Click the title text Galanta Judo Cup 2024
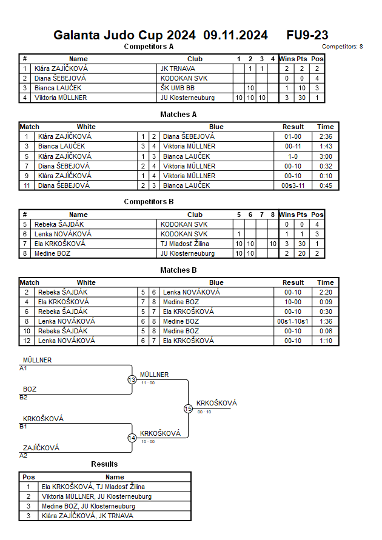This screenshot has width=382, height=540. tap(124, 35)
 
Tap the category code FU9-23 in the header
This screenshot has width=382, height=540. tap(307, 35)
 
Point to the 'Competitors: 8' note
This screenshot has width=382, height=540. tap(342, 47)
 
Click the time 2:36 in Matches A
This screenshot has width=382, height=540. tap(325, 136)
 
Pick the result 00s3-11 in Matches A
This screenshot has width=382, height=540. tap(293, 185)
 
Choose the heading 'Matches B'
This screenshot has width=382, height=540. tap(178, 270)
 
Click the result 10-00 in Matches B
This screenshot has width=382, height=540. tap(293, 302)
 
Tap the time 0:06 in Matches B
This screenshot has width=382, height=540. tap(325, 331)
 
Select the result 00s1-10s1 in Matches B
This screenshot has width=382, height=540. tap(293, 321)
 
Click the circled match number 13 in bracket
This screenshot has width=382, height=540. tap(132, 380)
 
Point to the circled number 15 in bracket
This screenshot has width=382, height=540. tap(188, 409)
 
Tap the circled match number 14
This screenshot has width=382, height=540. tap(132, 438)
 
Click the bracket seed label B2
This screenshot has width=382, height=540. tap(24, 398)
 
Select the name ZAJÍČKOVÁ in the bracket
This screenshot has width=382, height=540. tap(41, 448)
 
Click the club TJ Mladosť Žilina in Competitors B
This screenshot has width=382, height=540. tap(184, 244)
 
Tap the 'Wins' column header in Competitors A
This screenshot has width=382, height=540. tap(287, 59)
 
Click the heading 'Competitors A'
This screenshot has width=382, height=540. tap(149, 46)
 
